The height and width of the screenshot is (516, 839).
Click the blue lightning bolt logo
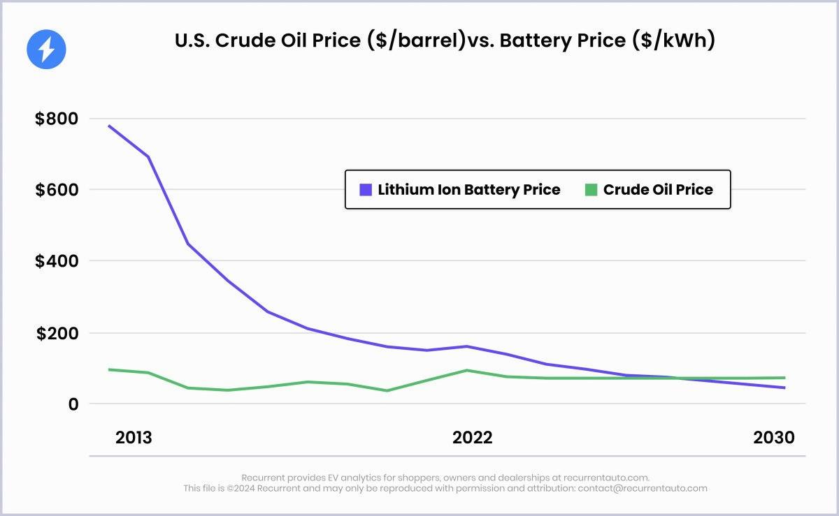click(x=46, y=49)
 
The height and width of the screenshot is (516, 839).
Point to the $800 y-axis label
click(x=57, y=119)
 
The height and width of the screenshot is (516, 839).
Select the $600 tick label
click(x=57, y=190)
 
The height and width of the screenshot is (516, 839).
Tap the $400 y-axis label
click(x=57, y=261)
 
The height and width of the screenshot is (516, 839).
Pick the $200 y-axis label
click(x=57, y=333)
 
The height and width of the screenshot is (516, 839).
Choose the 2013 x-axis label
click(x=134, y=438)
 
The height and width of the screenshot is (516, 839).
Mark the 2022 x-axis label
click(x=473, y=438)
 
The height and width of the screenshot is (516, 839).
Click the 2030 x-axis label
click(x=773, y=438)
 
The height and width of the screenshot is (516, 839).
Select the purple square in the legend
click(x=366, y=189)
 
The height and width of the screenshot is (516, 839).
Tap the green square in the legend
click(x=591, y=189)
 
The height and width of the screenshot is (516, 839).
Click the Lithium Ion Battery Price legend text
click(x=469, y=189)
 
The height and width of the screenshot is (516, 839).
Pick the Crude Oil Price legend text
click(x=658, y=189)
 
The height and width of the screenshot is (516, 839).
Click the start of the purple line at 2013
click(x=109, y=126)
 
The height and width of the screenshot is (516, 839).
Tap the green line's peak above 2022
click(x=467, y=370)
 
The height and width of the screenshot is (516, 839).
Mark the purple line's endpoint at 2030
click(x=784, y=388)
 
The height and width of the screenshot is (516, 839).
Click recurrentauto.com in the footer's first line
click(x=609, y=478)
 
